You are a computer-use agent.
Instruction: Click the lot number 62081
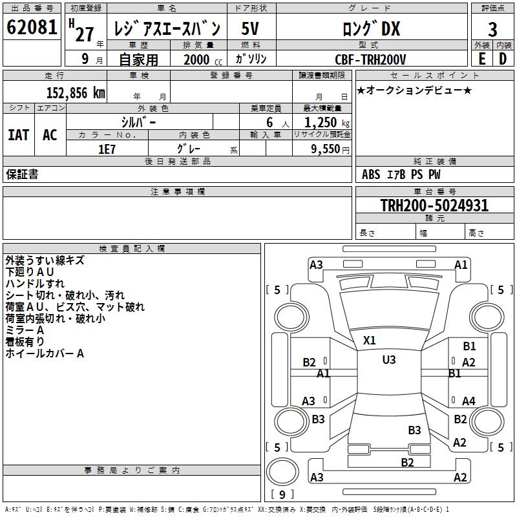pyautogui.click(x=32, y=27)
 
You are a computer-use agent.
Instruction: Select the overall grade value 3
pyautogui.click(x=492, y=30)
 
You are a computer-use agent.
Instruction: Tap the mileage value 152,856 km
pyautogui.click(x=76, y=93)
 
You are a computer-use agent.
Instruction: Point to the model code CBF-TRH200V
pyautogui.click(x=370, y=59)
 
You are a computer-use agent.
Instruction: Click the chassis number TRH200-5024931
pyautogui.click(x=434, y=206)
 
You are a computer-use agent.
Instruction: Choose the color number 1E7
pyautogui.click(x=107, y=149)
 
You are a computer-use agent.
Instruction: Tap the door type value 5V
pyautogui.click(x=250, y=28)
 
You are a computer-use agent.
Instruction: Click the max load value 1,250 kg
pyautogui.click(x=327, y=123)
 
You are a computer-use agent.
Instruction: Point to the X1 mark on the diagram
pyautogui.click(x=369, y=341)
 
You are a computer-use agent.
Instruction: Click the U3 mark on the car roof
pyautogui.click(x=389, y=360)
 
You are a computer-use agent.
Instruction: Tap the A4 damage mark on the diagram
pyautogui.click(x=469, y=401)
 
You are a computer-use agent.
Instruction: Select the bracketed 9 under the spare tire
pyautogui.click(x=282, y=494)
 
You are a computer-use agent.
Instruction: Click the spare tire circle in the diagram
pyautogui.click(x=282, y=472)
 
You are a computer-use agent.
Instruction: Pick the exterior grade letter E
pyautogui.click(x=482, y=59)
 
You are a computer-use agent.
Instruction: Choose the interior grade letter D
pyautogui.click(x=503, y=59)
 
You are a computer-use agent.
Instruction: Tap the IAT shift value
pyautogui.click(x=19, y=135)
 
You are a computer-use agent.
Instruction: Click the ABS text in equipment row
pyautogui.click(x=371, y=174)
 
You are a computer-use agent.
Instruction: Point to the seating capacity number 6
pyautogui.click(x=269, y=123)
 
